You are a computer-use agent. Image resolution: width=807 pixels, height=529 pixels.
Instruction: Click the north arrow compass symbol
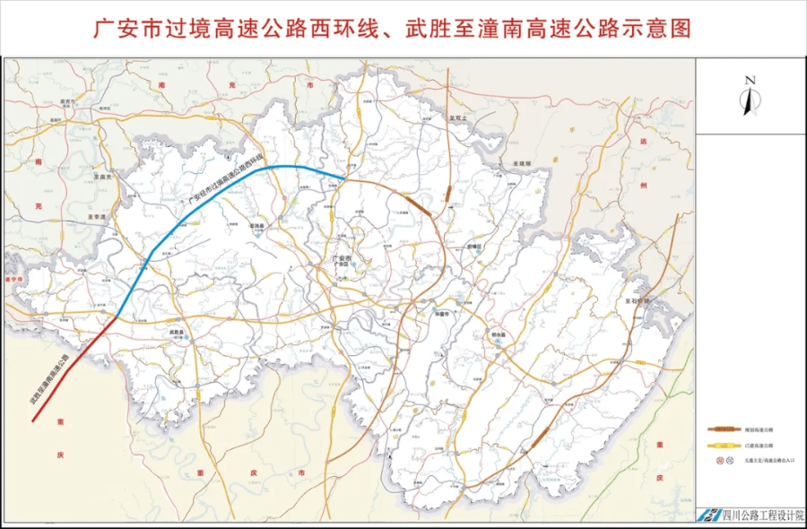751,97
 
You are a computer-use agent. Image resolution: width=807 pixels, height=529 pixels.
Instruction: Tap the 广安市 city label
340,260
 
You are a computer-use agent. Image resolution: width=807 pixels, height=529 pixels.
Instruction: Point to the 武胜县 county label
177,332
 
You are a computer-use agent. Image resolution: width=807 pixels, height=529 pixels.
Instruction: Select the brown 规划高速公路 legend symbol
720,429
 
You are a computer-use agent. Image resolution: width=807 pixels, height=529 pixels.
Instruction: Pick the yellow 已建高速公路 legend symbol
720,445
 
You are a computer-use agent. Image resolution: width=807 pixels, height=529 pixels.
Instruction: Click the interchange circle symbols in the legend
720,460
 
